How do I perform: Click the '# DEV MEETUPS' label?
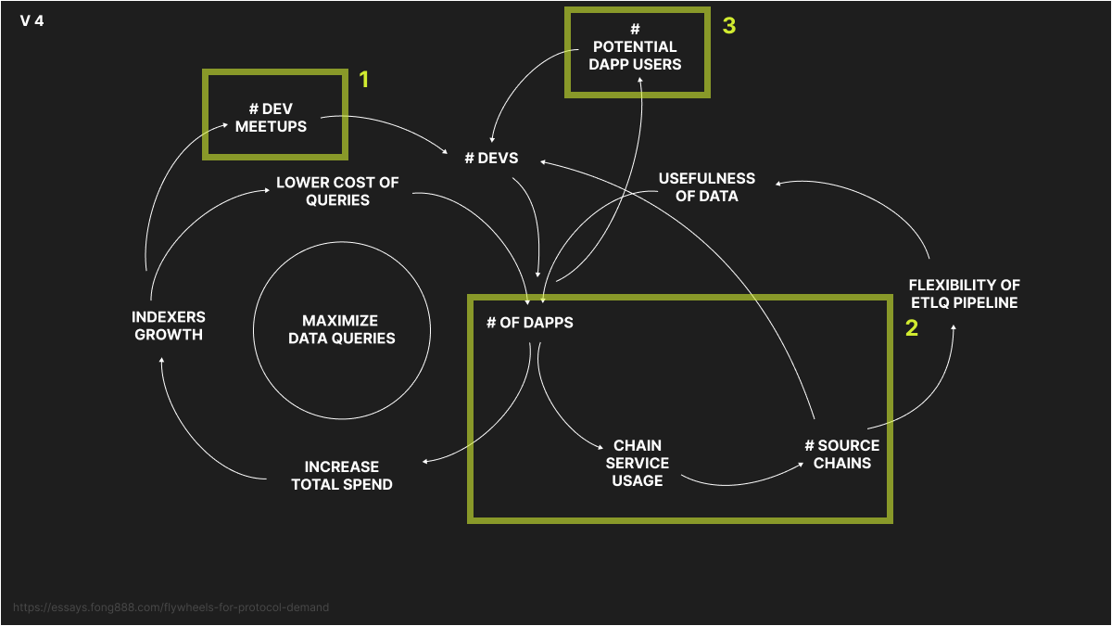pyautogui.click(x=271, y=118)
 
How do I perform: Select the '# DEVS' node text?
pyautogui.click(x=491, y=158)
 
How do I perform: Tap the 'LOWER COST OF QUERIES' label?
pyautogui.click(x=337, y=191)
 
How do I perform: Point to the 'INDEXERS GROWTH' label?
pyautogui.click(x=169, y=326)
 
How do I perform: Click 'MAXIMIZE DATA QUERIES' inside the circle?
pyautogui.click(x=341, y=329)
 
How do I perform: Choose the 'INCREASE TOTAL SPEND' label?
pyautogui.click(x=342, y=475)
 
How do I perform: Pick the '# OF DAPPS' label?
pyautogui.click(x=530, y=323)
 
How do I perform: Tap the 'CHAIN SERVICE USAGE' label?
pyautogui.click(x=638, y=463)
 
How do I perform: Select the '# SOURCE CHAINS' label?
pyautogui.click(x=841, y=454)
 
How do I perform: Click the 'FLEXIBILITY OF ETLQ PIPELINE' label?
pyautogui.click(x=964, y=294)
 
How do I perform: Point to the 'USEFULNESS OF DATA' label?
pyautogui.click(x=706, y=186)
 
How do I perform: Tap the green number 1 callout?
pyautogui.click(x=364, y=80)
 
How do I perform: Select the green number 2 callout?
pyautogui.click(x=911, y=327)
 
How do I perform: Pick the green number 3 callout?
pyautogui.click(x=729, y=26)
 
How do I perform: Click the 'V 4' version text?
pyautogui.click(x=32, y=20)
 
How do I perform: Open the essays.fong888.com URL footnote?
pyautogui.click(x=171, y=607)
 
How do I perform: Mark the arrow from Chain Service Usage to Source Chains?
pyautogui.click(x=741, y=479)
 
